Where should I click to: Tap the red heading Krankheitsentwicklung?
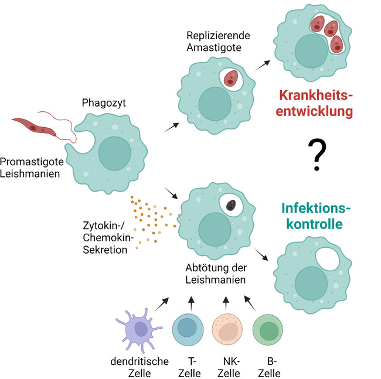click(x=318, y=103)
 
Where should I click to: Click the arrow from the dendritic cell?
click(x=162, y=304)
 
